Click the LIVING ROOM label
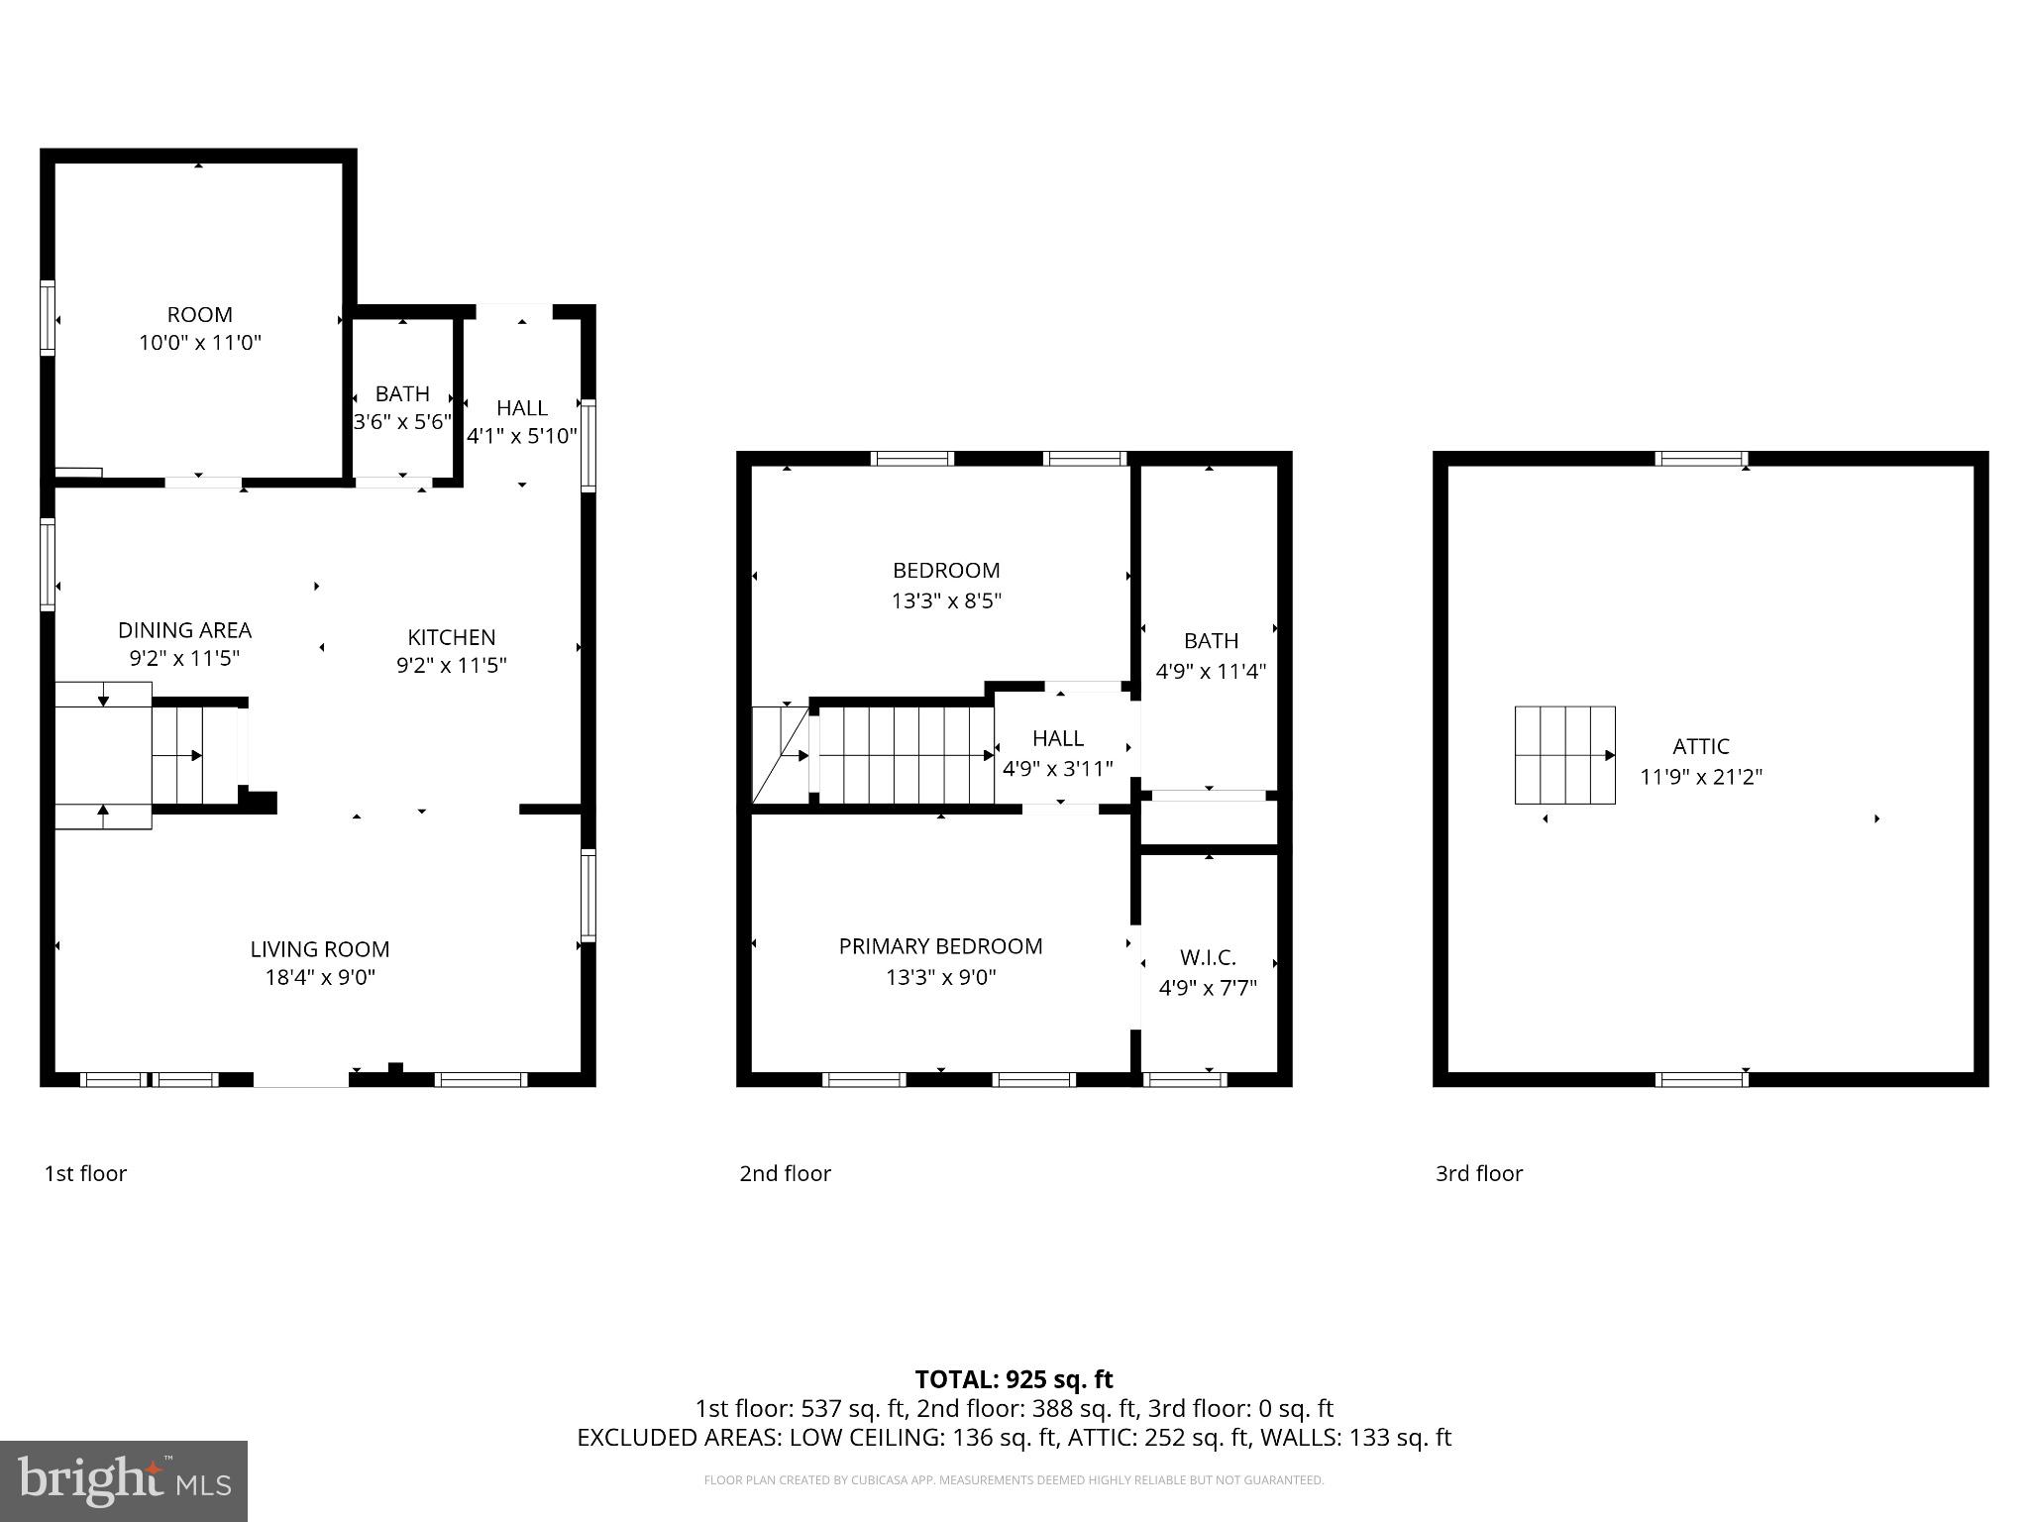(319, 949)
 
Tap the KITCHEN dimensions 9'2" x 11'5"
(452, 665)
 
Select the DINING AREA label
(185, 630)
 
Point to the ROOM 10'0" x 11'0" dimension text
(200, 343)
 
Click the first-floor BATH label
(402, 394)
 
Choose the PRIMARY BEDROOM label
(940, 946)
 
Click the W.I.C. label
(1208, 958)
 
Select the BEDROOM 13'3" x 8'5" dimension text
(946, 600)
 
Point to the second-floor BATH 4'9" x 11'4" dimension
(1211, 671)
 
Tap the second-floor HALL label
(1057, 738)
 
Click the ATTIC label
(1701, 747)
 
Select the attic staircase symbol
(1564, 755)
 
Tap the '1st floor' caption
(85, 1173)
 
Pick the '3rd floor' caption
(1478, 1173)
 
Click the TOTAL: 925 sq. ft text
(1014, 1379)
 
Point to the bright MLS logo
(124, 1481)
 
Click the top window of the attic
(1701, 459)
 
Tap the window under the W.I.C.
(1185, 1079)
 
